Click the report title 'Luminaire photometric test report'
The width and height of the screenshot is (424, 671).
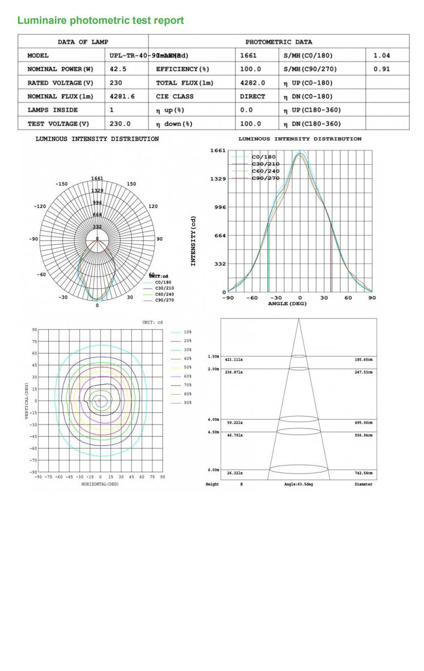101,20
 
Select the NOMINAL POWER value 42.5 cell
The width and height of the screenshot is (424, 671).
118,69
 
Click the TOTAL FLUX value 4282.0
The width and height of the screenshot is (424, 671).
252,83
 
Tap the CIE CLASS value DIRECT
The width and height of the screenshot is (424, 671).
252,96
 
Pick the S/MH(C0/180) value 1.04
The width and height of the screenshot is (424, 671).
382,55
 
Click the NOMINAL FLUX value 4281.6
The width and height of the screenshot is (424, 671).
122,96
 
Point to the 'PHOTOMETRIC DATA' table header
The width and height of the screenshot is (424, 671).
278,42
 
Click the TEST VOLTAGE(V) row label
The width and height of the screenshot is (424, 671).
58,124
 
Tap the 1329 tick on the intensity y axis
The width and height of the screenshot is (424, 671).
218,179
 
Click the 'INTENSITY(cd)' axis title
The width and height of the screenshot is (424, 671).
193,241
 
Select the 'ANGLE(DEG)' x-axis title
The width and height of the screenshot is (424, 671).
287,304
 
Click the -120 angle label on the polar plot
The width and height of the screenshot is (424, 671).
40,206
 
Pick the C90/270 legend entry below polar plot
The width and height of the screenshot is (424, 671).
164,300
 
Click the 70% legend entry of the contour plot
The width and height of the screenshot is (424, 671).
187,385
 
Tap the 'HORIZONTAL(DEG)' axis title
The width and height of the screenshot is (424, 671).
100,484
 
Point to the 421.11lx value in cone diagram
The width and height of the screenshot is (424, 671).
234,360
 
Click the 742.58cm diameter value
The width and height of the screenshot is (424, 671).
363,473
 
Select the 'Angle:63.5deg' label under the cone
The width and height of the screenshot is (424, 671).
299,484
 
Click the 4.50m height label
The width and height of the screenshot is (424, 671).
213,432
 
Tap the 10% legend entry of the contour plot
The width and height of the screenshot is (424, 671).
187,332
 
